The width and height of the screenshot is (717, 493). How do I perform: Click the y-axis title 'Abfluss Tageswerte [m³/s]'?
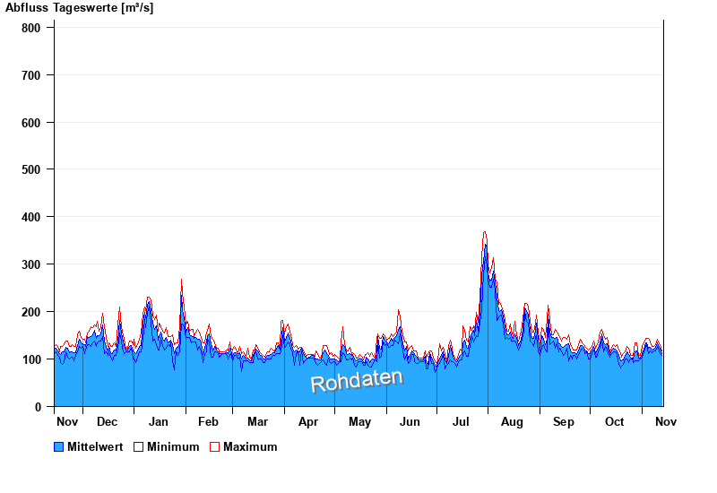click(x=79, y=8)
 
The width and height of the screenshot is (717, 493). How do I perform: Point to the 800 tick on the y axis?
click(x=31, y=28)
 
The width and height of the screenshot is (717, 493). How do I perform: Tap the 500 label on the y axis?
click(x=31, y=169)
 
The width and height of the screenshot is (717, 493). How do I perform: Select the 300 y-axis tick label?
click(x=31, y=264)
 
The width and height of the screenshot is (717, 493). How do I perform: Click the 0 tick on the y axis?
click(x=39, y=407)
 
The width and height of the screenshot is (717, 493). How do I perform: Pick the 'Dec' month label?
click(x=107, y=421)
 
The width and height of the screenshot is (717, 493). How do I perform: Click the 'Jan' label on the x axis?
click(x=159, y=421)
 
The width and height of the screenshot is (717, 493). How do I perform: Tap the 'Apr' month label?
click(x=308, y=421)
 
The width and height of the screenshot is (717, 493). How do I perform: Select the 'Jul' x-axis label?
click(x=462, y=421)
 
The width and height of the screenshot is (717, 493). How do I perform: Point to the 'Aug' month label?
click(x=512, y=421)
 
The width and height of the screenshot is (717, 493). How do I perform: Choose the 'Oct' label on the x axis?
click(x=614, y=421)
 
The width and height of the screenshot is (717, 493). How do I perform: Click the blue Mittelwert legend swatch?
click(x=59, y=446)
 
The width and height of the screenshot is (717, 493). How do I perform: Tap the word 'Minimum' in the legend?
click(x=173, y=446)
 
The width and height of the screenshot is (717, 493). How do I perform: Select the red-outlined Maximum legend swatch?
click(x=214, y=446)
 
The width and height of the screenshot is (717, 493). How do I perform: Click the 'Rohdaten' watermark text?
click(x=357, y=380)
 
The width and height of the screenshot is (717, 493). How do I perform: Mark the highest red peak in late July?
click(x=485, y=232)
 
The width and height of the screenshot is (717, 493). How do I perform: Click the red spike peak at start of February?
click(x=181, y=280)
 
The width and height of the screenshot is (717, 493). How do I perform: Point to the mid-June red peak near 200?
click(x=399, y=310)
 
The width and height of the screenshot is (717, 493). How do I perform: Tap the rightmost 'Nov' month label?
click(x=665, y=421)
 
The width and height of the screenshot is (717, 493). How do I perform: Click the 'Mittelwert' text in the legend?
click(x=95, y=446)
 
